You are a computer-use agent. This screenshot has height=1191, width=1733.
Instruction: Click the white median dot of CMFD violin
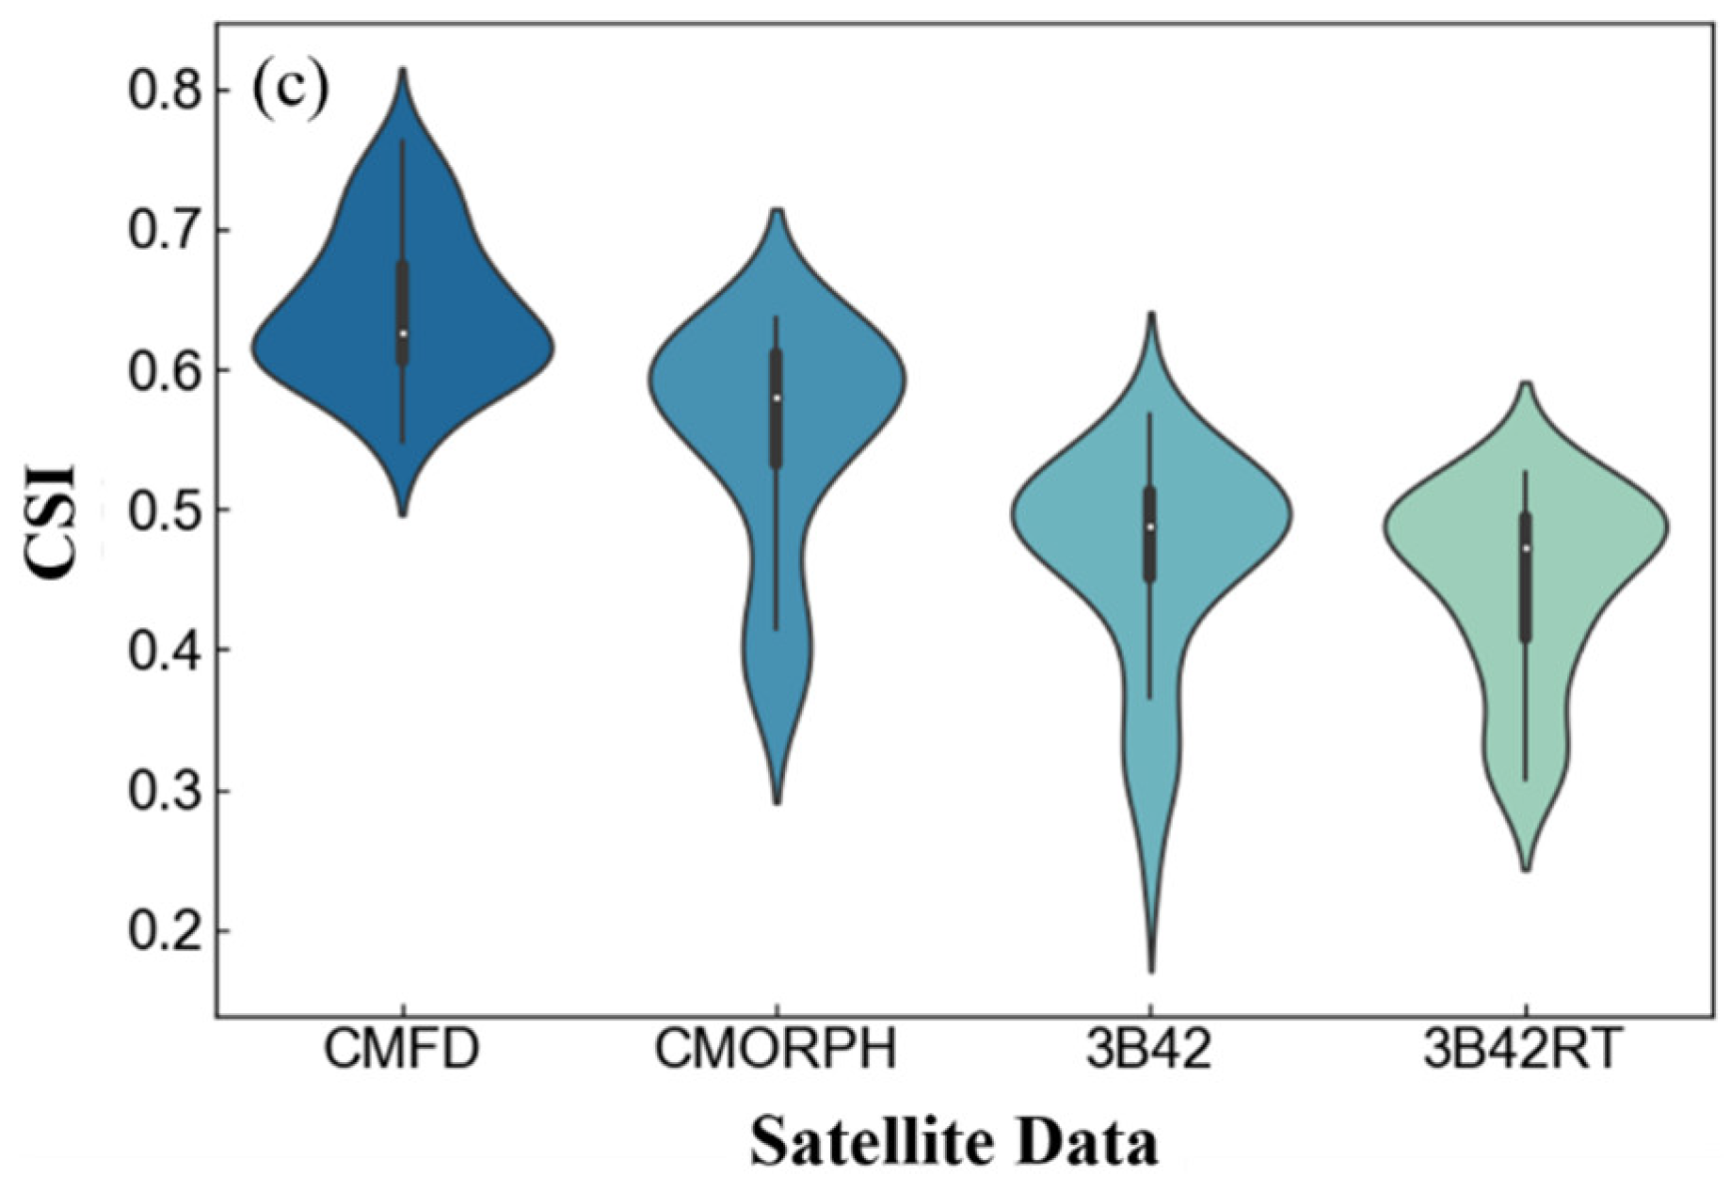coord(403,334)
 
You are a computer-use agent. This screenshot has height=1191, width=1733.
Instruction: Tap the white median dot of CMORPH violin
coord(776,398)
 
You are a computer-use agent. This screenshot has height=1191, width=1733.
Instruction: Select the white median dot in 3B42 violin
coord(1151,527)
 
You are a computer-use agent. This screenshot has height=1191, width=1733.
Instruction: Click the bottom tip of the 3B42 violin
coord(1152,970)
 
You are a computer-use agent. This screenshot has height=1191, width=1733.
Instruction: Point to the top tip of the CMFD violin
coord(403,69)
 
